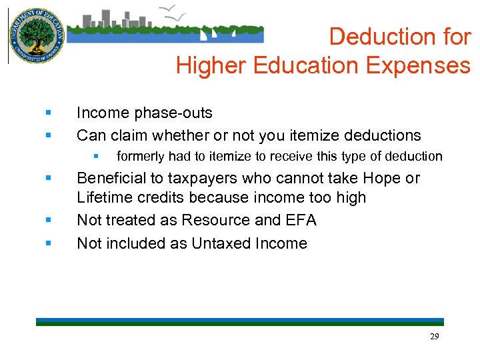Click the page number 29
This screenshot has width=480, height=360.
click(434, 337)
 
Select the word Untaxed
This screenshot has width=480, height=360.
click(221, 243)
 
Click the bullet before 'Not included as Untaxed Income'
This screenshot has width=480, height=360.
click(48, 244)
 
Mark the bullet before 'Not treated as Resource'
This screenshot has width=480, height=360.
click(48, 221)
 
